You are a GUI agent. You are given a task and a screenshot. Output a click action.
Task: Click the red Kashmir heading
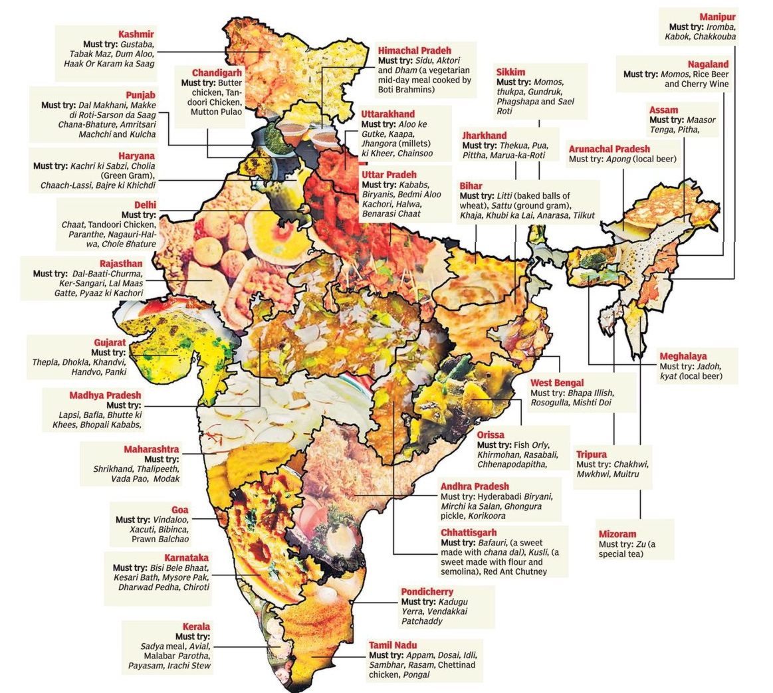136,34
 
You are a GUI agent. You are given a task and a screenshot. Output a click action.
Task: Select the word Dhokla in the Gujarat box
73,363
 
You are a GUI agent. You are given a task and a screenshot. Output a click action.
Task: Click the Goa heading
179,510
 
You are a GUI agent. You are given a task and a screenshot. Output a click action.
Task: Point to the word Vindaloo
170,520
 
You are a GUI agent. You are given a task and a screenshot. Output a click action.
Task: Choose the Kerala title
196,627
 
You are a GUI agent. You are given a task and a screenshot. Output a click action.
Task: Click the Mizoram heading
617,534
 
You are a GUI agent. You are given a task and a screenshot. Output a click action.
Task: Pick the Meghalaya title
683,357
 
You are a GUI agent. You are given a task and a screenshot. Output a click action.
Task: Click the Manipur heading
717,17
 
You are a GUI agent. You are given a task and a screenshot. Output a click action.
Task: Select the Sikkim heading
510,72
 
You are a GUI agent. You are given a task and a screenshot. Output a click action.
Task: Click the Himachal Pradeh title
414,50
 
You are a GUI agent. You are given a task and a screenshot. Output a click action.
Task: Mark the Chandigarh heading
217,72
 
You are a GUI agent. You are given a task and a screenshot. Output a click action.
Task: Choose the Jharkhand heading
485,136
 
